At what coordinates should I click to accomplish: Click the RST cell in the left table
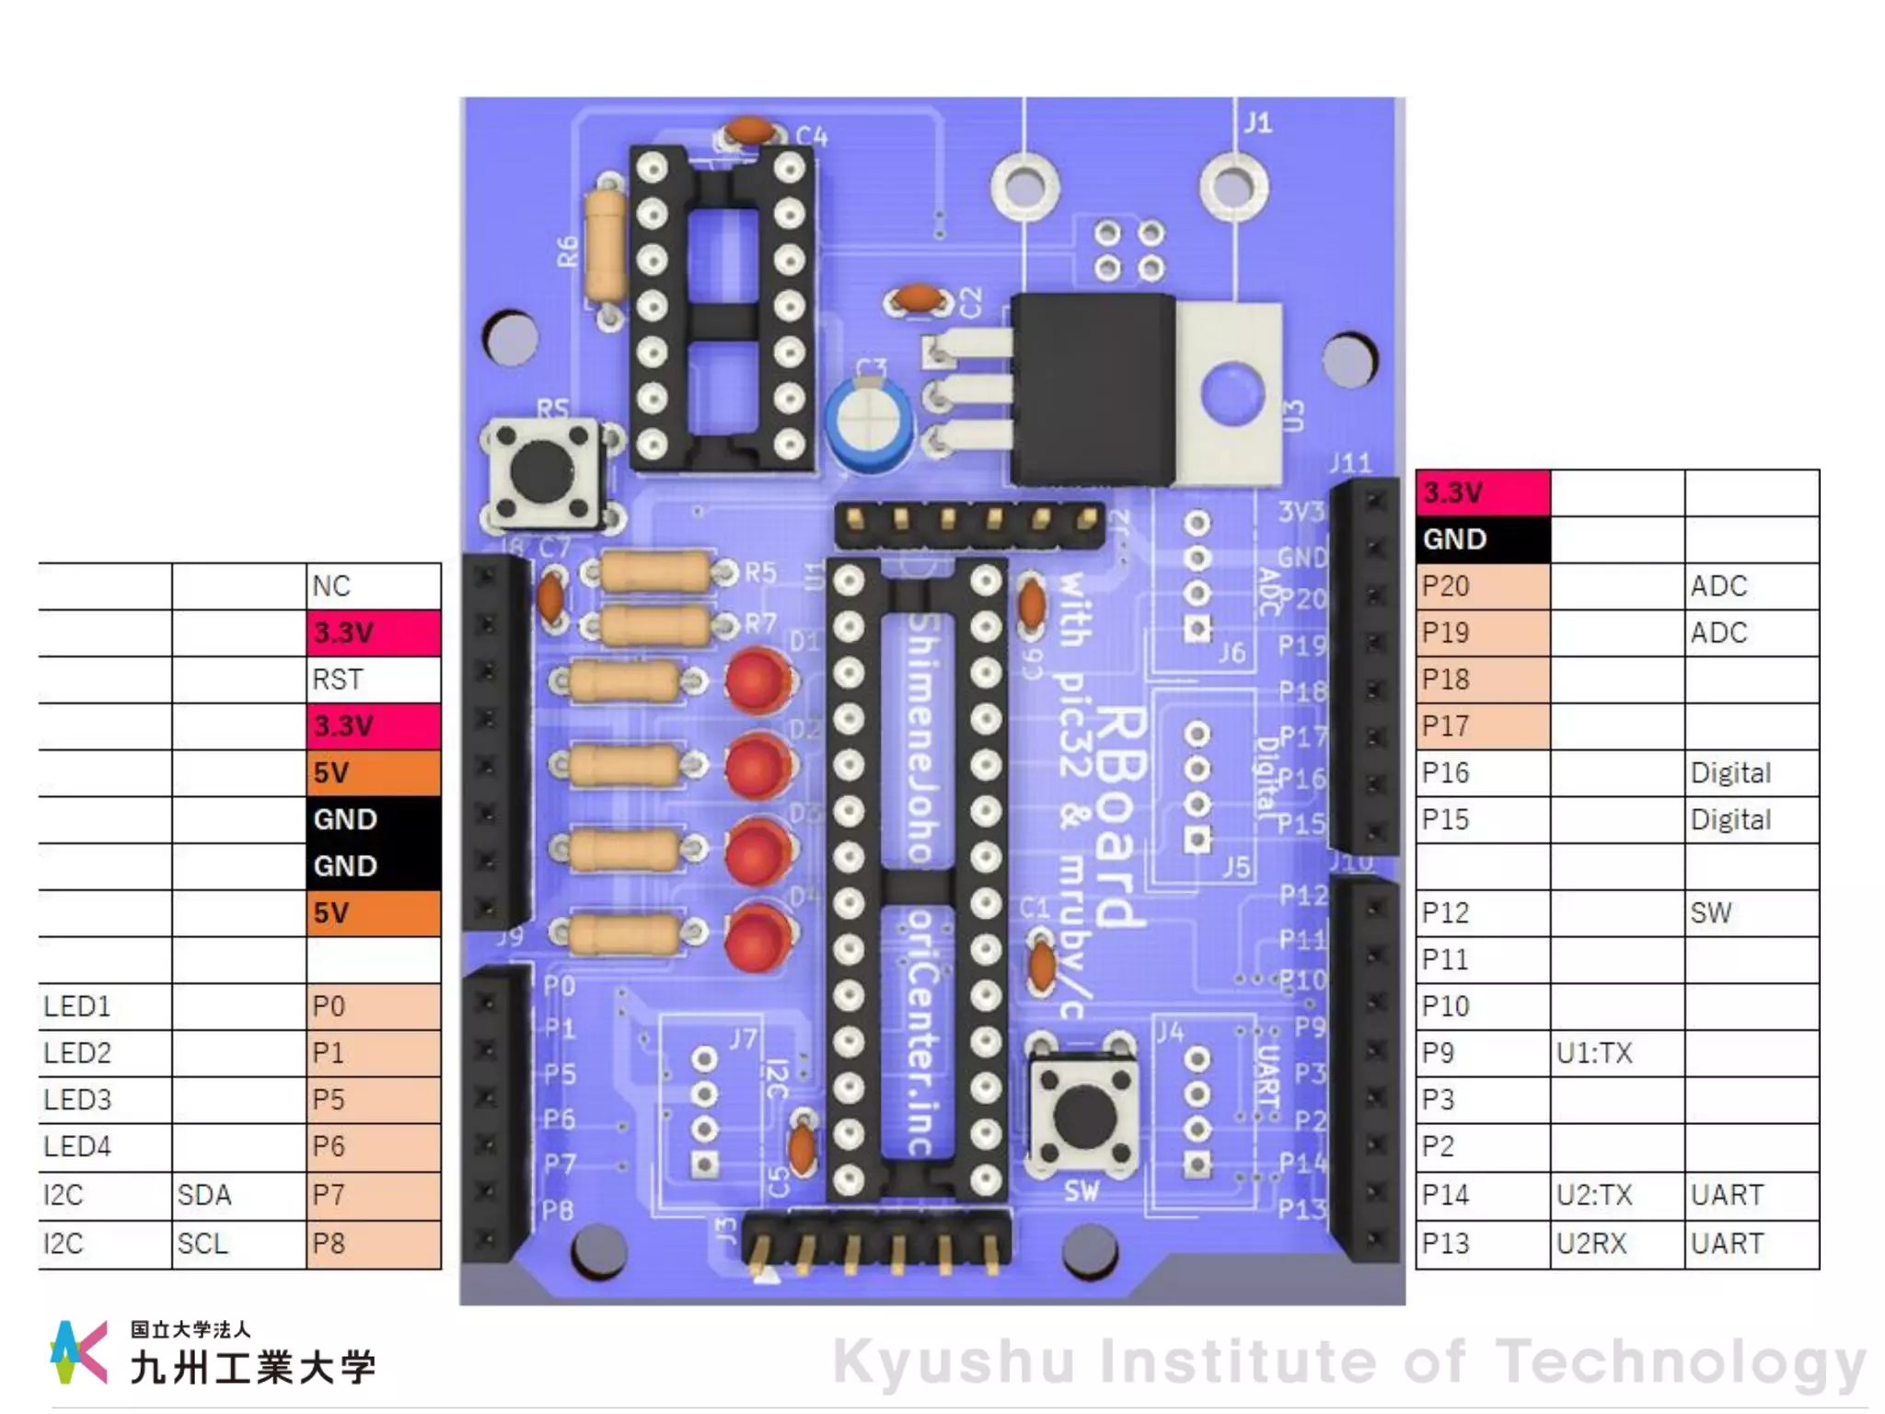coord(373,679)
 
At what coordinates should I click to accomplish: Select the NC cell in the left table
coord(373,585)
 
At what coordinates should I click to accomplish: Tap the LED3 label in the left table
coord(104,1099)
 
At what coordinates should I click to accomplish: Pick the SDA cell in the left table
coord(237,1195)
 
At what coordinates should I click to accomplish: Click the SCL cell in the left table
coord(237,1244)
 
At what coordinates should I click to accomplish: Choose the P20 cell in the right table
coord(1482,585)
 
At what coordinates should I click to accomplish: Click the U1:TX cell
coord(1616,1052)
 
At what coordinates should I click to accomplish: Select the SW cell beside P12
coord(1751,912)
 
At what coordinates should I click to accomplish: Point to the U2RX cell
coord(1616,1244)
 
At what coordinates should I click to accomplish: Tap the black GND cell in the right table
coord(1482,539)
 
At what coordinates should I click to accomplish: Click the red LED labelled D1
coord(757,681)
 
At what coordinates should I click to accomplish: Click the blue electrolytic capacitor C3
coord(869,424)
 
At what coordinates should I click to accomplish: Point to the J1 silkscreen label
coord(1257,122)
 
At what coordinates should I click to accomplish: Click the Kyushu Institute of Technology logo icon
coord(78,1351)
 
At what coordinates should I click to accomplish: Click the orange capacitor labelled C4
coord(749,131)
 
